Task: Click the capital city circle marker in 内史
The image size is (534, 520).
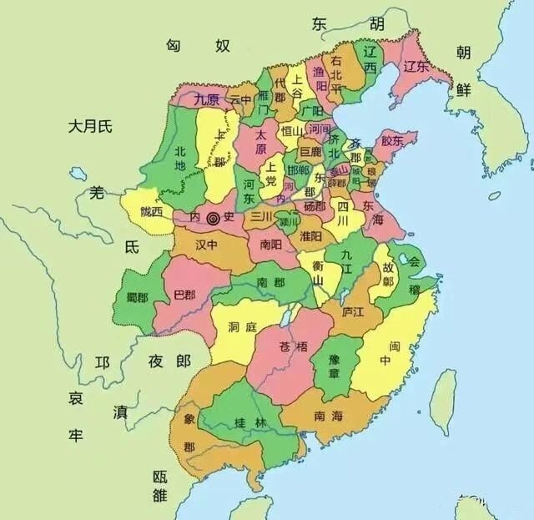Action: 213,218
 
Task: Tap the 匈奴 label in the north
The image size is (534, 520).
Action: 198,45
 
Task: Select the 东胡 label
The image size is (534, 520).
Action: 348,24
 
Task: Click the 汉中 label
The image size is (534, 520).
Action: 205,248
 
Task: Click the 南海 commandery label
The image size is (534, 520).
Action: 329,414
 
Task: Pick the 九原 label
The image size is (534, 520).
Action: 207,99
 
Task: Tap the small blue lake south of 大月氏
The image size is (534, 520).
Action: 78,174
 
